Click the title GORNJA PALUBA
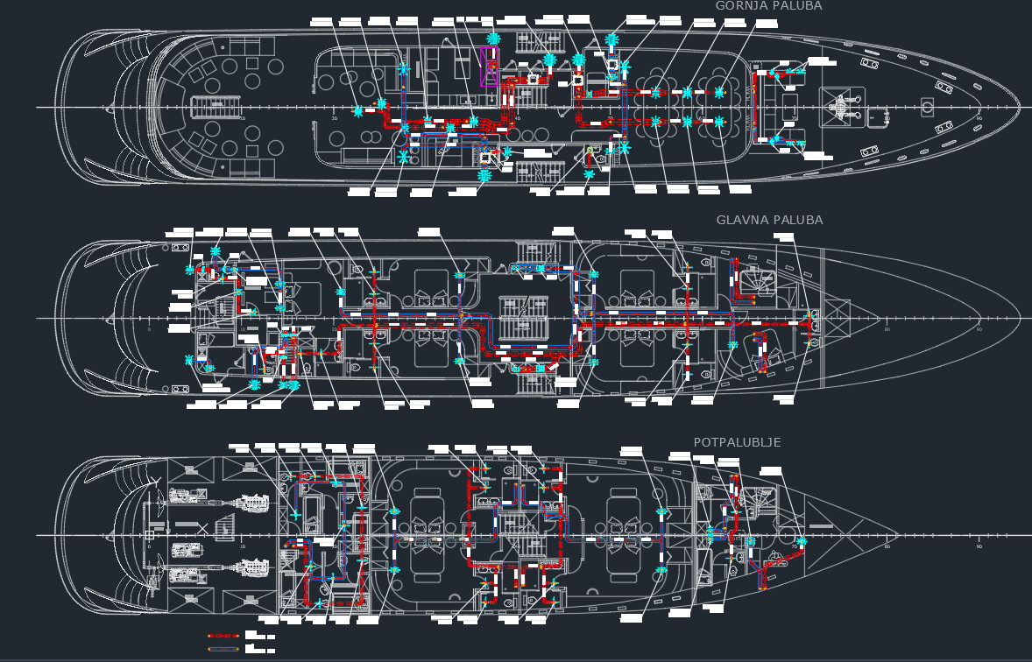pos(768,6)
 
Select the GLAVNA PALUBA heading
pos(769,220)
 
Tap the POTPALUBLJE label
pos(737,442)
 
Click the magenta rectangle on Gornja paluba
pos(490,67)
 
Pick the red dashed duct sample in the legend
pos(223,636)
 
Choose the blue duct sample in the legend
pos(223,649)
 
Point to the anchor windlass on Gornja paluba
pos(840,107)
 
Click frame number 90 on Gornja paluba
pos(979,118)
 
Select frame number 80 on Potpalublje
pos(887,546)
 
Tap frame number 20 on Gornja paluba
pos(334,118)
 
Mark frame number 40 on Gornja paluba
pos(517,118)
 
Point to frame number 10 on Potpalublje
pos(242,546)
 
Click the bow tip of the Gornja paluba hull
pos(1020,107)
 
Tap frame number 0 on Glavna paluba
pos(149,329)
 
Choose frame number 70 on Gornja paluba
pos(794,118)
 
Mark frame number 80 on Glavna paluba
pos(887,329)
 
